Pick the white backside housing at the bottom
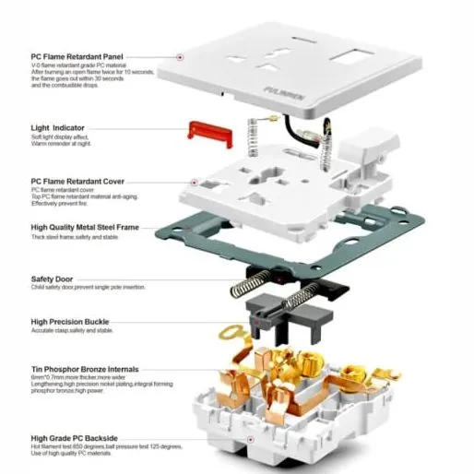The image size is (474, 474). pyautogui.click(x=277, y=424)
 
